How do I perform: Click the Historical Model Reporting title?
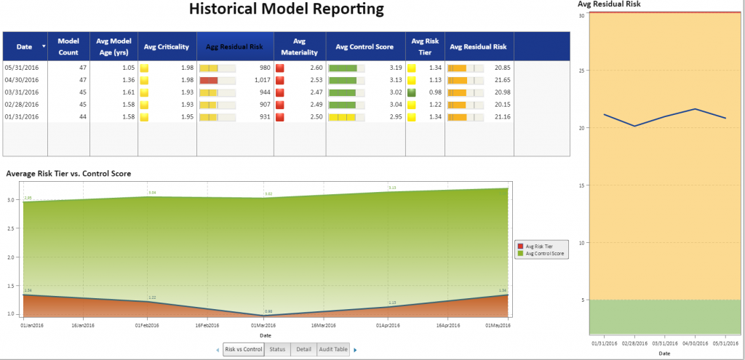[286, 10]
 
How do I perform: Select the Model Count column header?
[68, 47]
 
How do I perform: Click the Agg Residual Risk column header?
[235, 47]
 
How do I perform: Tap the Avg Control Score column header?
[364, 47]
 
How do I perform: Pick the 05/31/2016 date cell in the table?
[21, 68]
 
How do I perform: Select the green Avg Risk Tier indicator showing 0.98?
[411, 92]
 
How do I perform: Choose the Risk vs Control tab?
[243, 350]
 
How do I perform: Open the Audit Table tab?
[333, 350]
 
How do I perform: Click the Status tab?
[277, 350]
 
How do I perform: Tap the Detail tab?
[303, 350]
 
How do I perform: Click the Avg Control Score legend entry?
[545, 253]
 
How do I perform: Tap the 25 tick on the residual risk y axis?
[582, 71]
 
